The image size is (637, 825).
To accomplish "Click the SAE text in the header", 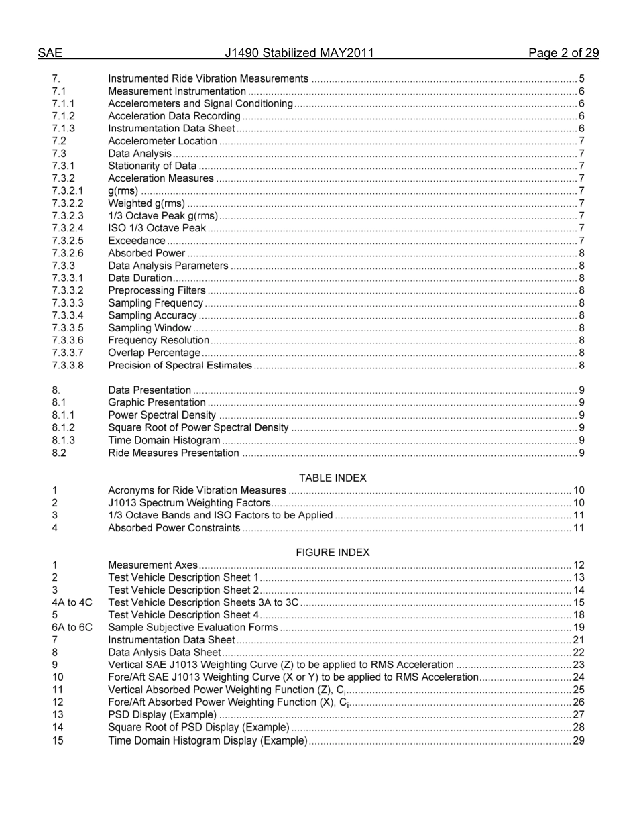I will pos(50,54).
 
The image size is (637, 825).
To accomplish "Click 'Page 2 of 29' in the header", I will pos(563,54).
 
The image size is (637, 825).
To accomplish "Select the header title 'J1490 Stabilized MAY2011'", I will pos(299,54).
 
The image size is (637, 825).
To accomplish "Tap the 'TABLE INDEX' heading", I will pos(333,478).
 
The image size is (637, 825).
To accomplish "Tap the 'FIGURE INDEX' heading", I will pos(333,553).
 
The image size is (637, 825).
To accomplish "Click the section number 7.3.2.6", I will pos(68,254).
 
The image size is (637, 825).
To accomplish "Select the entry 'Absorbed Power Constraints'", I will pos(174,528).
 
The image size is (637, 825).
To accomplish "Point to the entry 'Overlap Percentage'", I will pos(154,353).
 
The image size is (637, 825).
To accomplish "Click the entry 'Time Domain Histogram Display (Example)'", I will pos(208,741).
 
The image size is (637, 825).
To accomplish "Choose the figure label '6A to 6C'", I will pos(72,628).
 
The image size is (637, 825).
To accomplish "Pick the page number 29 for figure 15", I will pos(579,741).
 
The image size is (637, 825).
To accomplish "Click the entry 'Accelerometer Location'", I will pos(162,141).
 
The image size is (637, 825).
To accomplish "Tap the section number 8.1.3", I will pos(63,441).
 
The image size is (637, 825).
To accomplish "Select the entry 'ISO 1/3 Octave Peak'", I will pos(157,229).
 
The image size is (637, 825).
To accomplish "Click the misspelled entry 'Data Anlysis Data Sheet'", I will pos(164,653).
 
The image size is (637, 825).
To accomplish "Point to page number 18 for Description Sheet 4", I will pos(579,615).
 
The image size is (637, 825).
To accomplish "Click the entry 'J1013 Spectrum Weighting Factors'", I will pos(189,503).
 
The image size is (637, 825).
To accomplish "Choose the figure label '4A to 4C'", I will pos(72,602).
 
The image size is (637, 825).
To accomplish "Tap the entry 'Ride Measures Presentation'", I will pos(173,453).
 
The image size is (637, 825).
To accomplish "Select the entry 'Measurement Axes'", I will pos(153,565).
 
